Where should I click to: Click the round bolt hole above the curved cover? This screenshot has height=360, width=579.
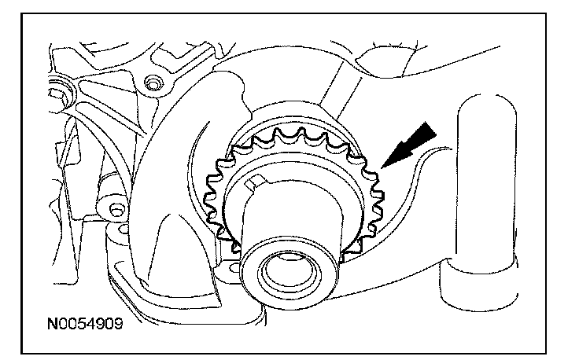coord(153,81)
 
